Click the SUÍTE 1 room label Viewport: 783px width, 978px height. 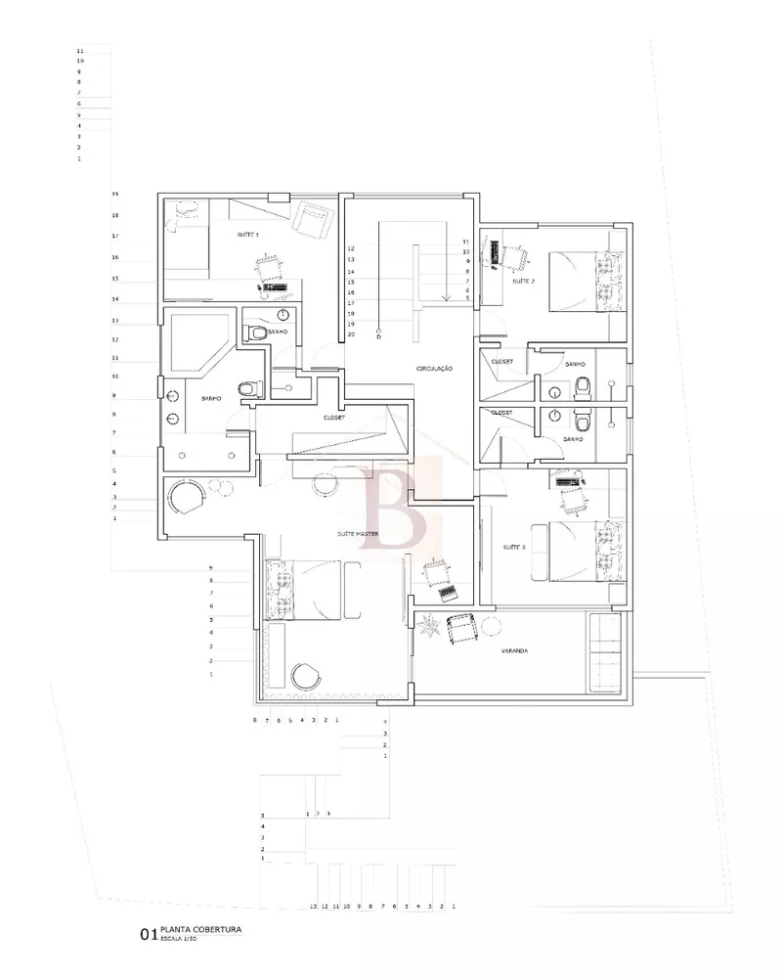[248, 236]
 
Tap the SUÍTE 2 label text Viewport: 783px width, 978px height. [523, 281]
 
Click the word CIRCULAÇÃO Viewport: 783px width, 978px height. [436, 369]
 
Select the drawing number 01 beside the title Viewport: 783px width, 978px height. [148, 935]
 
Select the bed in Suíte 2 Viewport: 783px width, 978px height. [585, 280]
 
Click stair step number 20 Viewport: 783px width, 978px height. [351, 334]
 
